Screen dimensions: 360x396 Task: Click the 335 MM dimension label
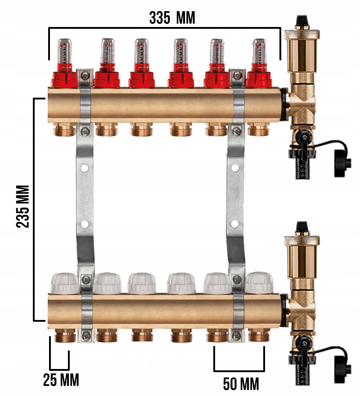pyautogui.click(x=172, y=18)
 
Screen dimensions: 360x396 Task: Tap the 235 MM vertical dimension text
pyautogui.click(x=23, y=207)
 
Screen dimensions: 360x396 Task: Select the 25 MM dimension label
pyautogui.click(x=61, y=380)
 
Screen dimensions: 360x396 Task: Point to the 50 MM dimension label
pyautogui.click(x=241, y=384)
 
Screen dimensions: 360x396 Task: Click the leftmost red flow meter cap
pyautogui.click(x=64, y=79)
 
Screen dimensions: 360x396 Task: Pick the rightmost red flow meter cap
pyautogui.click(x=259, y=79)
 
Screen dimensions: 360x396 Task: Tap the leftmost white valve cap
pyautogui.click(x=65, y=283)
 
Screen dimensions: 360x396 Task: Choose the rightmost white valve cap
pyautogui.click(x=259, y=283)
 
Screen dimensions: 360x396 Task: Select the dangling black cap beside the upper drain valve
pyautogui.click(x=342, y=163)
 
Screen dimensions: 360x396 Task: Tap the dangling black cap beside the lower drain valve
pyautogui.click(x=342, y=369)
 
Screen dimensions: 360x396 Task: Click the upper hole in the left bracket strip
pyautogui.click(x=85, y=168)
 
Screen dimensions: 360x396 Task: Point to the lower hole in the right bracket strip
pyautogui.click(x=235, y=224)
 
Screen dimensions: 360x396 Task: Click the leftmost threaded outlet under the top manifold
pyautogui.click(x=65, y=129)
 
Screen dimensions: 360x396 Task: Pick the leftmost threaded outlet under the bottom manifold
pyautogui.click(x=65, y=335)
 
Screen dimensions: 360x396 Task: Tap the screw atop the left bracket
pyautogui.click(x=85, y=75)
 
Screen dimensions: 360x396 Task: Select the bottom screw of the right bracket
pyautogui.click(x=237, y=336)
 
